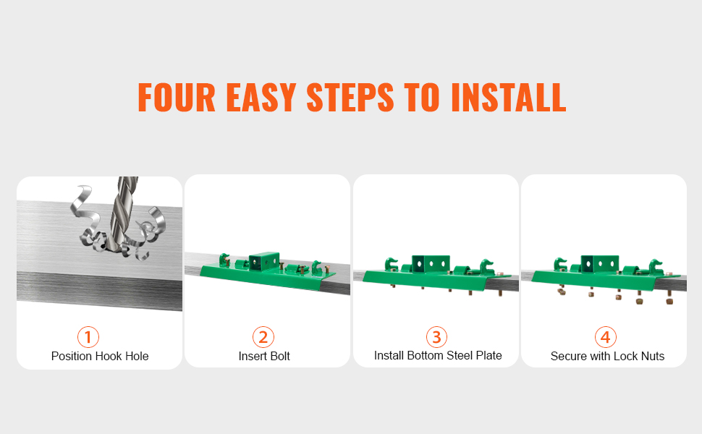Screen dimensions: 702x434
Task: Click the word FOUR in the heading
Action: click(x=177, y=97)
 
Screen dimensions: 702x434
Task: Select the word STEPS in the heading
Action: click(x=350, y=97)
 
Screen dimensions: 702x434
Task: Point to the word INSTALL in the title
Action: click(x=509, y=97)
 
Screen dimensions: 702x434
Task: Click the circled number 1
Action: click(x=88, y=337)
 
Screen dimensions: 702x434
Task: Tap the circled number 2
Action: click(x=263, y=337)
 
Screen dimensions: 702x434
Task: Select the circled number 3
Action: click(x=436, y=337)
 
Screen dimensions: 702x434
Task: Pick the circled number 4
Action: click(x=605, y=337)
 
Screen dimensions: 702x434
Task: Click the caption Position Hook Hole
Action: click(x=100, y=356)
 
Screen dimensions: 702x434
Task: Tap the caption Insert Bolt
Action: click(x=264, y=356)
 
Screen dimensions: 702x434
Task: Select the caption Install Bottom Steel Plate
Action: click(x=438, y=355)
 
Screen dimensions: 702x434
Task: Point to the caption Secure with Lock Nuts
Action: click(x=607, y=356)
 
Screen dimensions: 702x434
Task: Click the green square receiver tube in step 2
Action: click(x=263, y=262)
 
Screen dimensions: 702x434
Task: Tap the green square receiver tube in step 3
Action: click(x=431, y=264)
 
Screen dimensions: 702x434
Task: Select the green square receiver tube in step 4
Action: click(x=600, y=264)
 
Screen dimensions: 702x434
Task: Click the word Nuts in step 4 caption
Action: click(x=653, y=356)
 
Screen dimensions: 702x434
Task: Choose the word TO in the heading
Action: click(x=422, y=97)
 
